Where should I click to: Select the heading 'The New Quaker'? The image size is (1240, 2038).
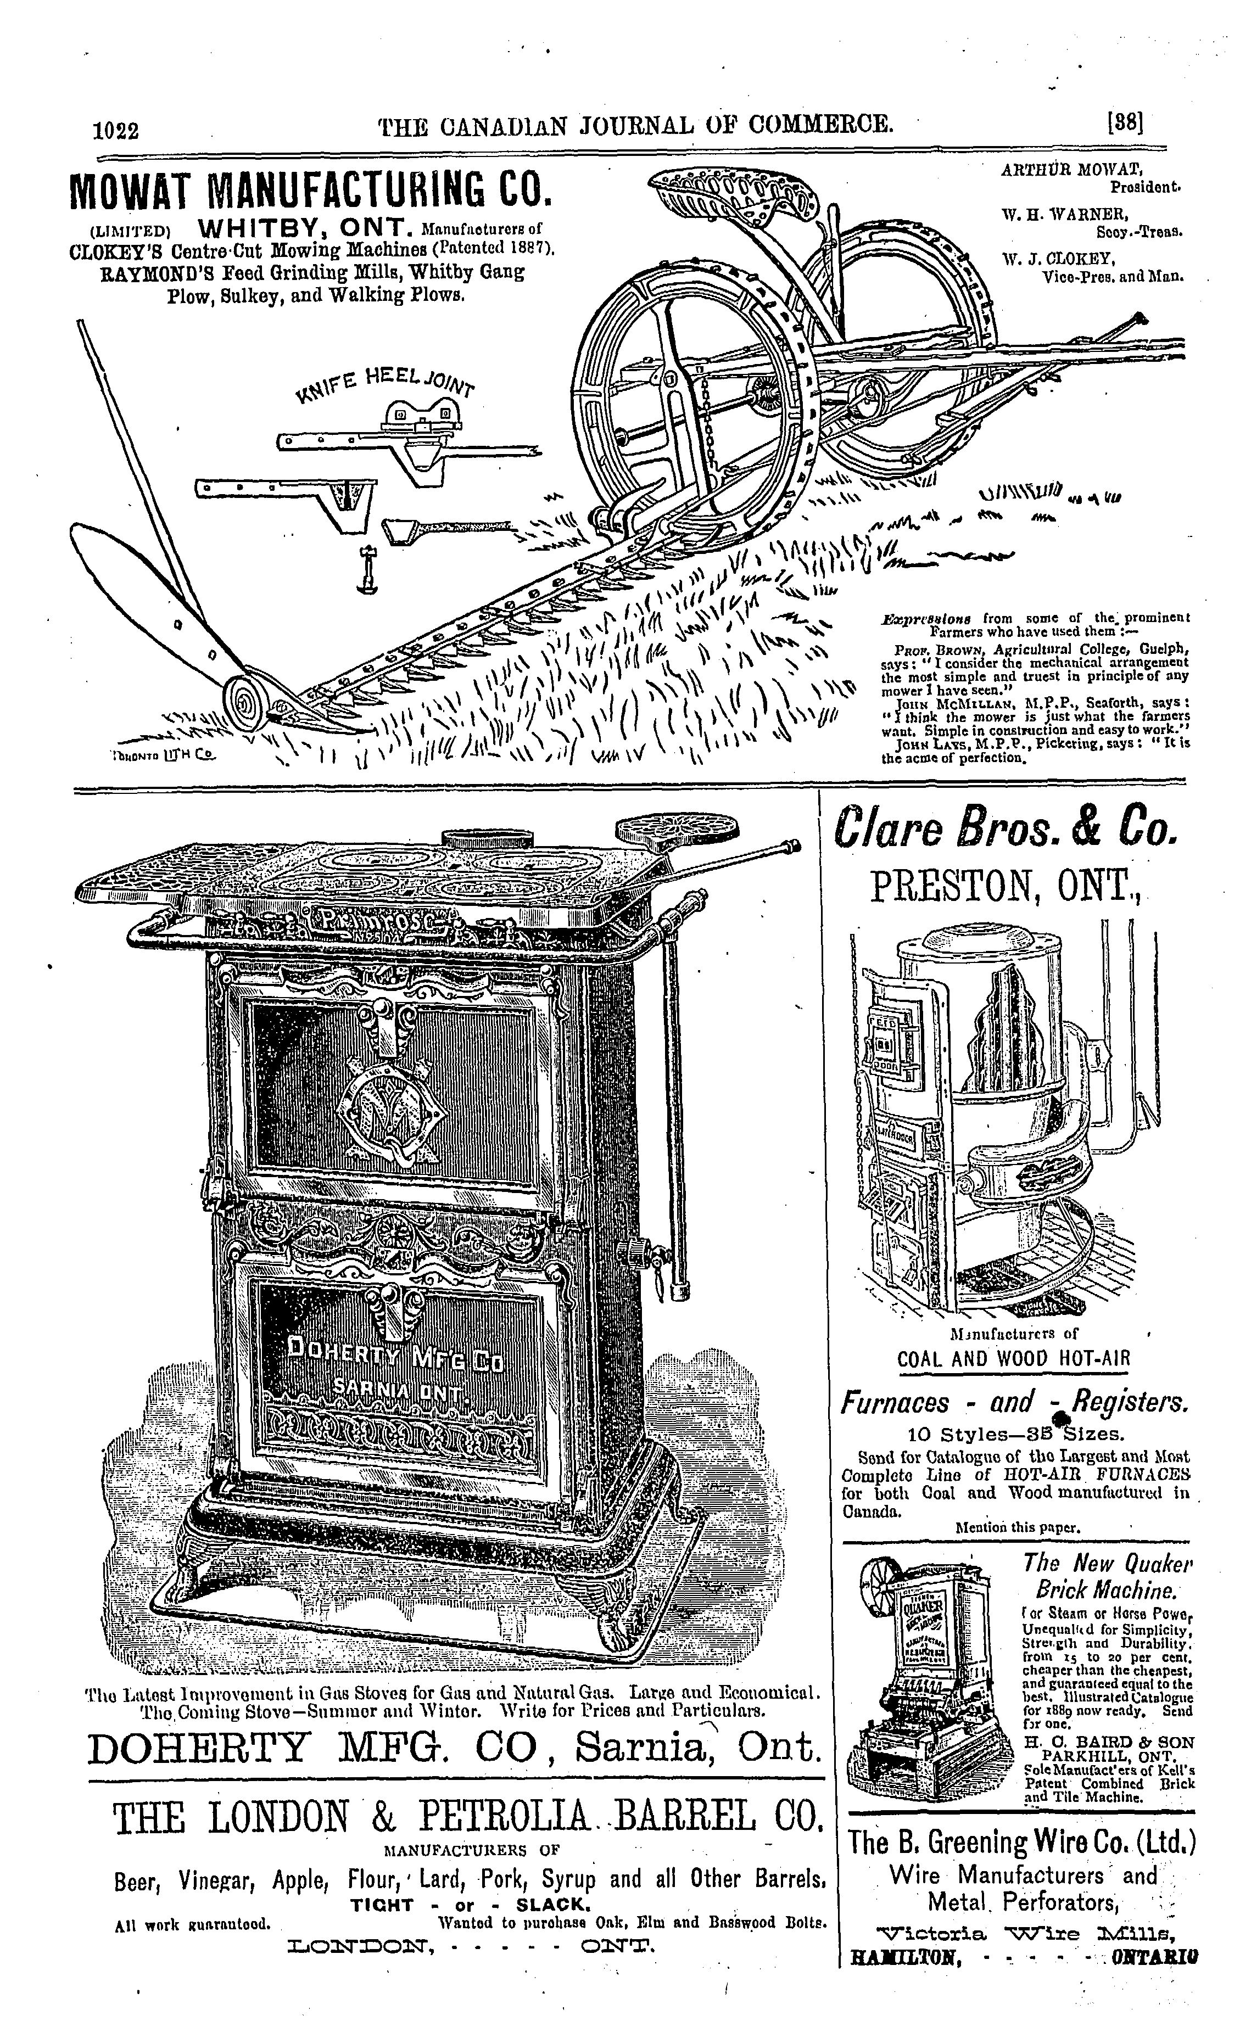(1107, 1563)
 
